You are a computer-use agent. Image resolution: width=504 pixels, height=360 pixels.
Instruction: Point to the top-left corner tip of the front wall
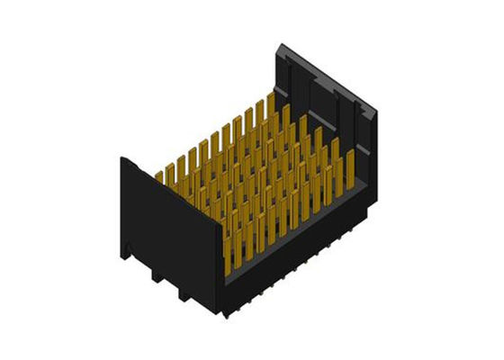(122, 158)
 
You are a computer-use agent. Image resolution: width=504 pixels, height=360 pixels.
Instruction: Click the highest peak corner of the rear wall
(282, 42)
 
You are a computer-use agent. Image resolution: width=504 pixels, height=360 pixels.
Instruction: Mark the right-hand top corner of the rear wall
(379, 112)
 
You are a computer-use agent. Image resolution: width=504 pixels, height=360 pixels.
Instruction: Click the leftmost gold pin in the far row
(160, 178)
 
